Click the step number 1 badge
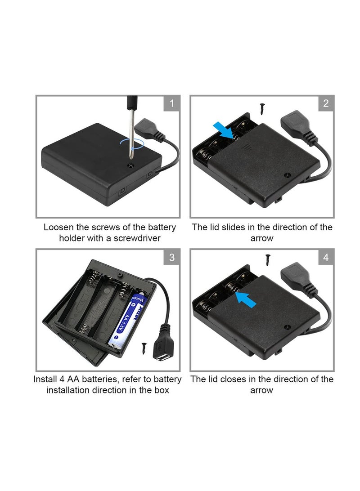click(x=171, y=104)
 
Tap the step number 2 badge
click(x=326, y=104)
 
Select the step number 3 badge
click(x=171, y=258)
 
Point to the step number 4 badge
click(x=326, y=258)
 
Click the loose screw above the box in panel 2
click(x=262, y=109)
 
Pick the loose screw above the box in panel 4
click(x=268, y=259)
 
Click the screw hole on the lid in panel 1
click(x=130, y=166)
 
